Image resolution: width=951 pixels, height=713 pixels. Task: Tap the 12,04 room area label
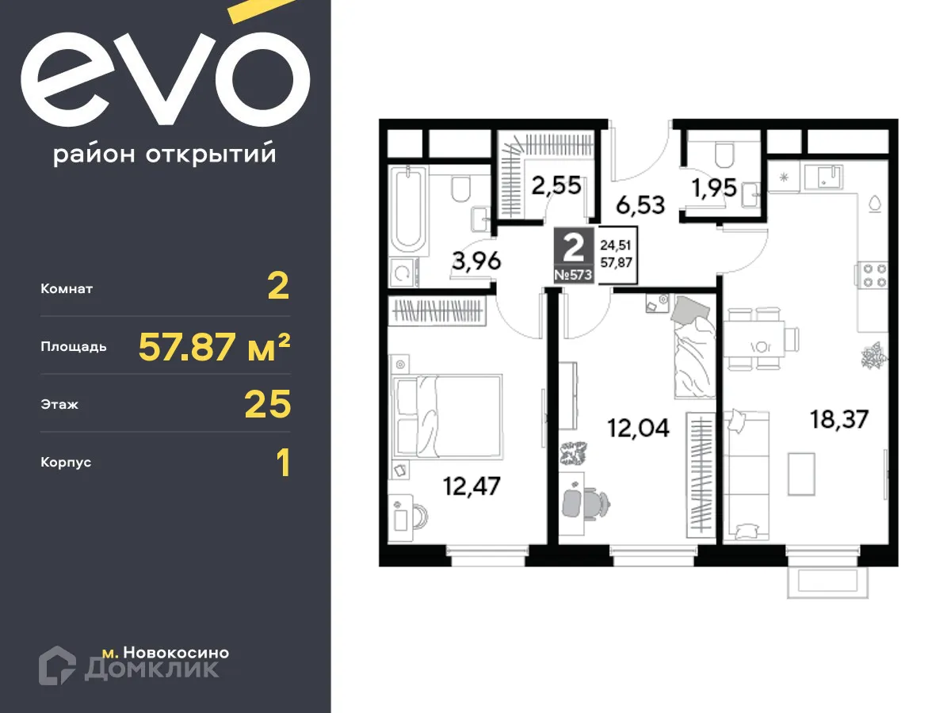pos(638,429)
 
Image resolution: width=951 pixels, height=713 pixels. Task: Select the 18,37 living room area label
pos(839,418)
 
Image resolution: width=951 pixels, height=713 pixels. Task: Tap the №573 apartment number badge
pos(574,275)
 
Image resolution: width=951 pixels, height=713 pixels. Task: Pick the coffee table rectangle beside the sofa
pos(801,474)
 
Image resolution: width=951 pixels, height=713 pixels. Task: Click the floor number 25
pos(268,405)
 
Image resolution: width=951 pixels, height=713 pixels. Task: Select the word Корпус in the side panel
pos(66,462)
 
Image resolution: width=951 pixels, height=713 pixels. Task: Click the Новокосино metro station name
pos(176,653)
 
